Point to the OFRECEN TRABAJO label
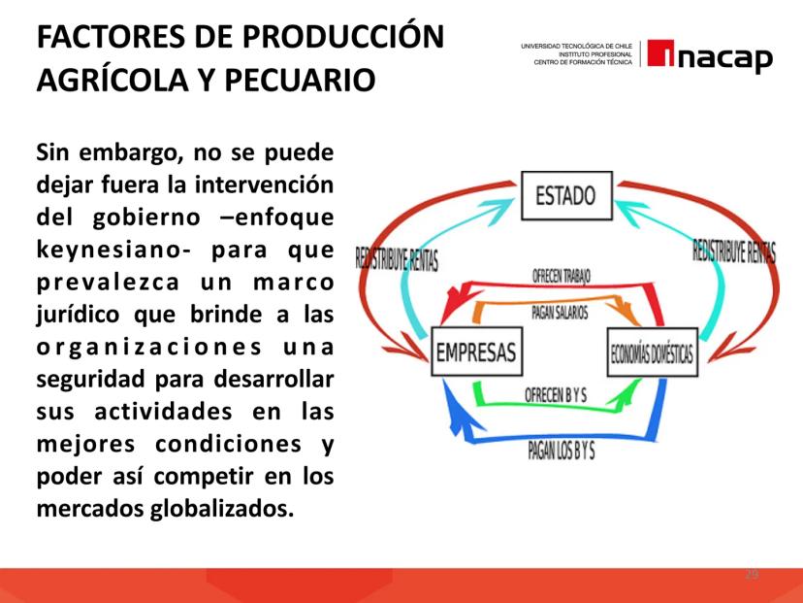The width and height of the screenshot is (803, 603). [562, 276]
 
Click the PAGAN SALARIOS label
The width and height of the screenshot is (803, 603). [560, 313]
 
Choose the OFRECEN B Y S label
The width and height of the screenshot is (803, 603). [556, 395]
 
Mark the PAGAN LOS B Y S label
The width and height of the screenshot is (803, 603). [562, 451]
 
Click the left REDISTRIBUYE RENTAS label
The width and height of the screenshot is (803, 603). [397, 259]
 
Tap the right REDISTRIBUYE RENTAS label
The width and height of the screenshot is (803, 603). [734, 251]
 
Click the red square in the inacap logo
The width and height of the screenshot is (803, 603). [660, 53]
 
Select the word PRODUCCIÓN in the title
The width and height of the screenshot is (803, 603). [343, 36]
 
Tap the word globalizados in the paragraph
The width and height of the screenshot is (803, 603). [222, 508]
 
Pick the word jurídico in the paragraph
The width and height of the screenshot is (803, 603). [79, 315]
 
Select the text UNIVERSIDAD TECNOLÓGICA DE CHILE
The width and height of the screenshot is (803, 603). [577, 47]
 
